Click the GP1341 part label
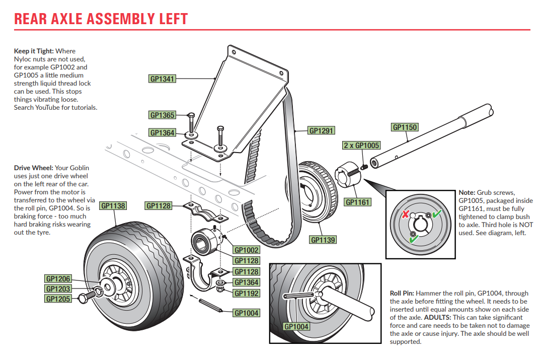point(163,79)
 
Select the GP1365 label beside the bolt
point(163,115)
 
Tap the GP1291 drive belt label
point(322,130)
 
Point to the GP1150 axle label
point(405,127)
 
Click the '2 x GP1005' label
point(361,146)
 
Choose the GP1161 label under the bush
point(357,202)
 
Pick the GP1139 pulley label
point(323,240)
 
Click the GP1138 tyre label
point(113,205)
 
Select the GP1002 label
point(247,250)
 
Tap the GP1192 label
point(247,293)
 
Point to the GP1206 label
point(58,279)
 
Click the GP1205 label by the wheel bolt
point(58,299)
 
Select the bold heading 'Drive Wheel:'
point(33,168)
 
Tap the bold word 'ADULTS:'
point(438,318)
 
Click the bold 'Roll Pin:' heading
point(402,293)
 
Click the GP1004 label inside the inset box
point(297,326)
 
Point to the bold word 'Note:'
point(467,192)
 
